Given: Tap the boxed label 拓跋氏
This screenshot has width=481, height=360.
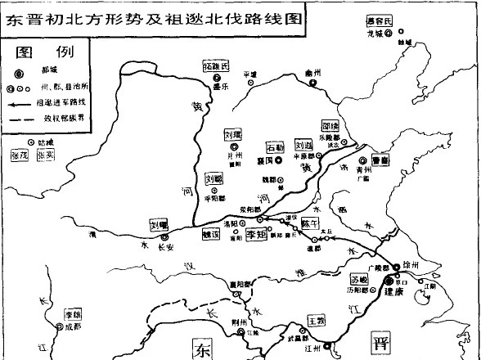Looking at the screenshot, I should (x=216, y=65).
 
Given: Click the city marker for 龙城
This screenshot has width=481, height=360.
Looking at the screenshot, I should (x=389, y=34).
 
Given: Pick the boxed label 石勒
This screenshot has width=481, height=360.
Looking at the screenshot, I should (x=276, y=148).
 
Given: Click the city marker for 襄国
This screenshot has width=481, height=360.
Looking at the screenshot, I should (x=278, y=161).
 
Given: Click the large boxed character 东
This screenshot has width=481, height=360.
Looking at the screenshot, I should (x=202, y=348).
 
